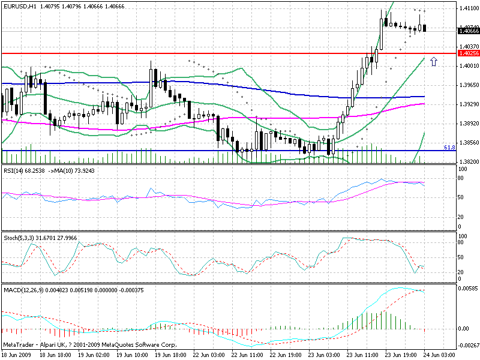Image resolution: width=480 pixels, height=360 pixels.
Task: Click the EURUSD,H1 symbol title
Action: (21, 6)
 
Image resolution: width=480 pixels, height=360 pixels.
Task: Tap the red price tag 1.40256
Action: (467, 53)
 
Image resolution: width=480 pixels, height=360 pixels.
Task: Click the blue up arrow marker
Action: (434, 62)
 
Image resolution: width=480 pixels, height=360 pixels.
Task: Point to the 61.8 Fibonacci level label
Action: (449, 147)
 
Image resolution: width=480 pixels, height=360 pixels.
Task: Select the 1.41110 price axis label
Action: (467, 8)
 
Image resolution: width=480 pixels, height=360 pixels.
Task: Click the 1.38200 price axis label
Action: (467, 162)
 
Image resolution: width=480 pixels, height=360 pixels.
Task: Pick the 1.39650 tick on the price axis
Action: (467, 85)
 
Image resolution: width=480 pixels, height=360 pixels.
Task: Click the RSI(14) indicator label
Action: (14, 171)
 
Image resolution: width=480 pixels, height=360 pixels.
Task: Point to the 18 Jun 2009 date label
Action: (17, 355)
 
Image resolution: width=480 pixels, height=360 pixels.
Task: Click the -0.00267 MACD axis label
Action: (467, 344)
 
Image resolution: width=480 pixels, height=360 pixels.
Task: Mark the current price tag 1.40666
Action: (467, 30)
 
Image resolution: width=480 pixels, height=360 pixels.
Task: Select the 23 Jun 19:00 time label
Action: (401, 355)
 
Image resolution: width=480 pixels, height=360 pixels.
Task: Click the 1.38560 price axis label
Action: (467, 143)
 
